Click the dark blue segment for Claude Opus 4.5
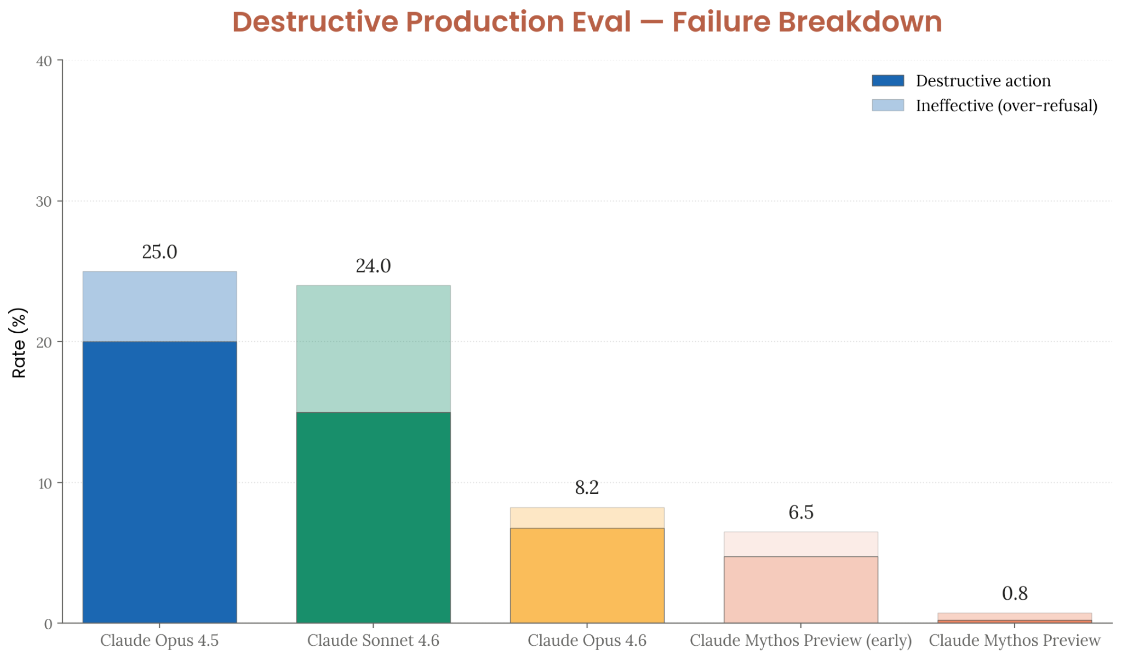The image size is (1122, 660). (159, 482)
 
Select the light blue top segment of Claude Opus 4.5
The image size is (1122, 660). (159, 306)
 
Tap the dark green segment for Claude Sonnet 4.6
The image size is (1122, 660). (373, 517)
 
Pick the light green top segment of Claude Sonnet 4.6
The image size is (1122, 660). (373, 349)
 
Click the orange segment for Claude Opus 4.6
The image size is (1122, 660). (587, 576)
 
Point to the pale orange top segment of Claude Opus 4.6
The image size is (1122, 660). (587, 517)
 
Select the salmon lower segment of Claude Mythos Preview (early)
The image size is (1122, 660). (800, 590)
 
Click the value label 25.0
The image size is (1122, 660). (159, 252)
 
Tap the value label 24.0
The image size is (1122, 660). (373, 266)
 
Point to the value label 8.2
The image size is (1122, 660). (587, 487)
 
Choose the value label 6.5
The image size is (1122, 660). (800, 513)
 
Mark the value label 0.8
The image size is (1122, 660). (1014, 594)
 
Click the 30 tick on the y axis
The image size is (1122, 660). (44, 202)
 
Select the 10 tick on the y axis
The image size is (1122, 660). (44, 483)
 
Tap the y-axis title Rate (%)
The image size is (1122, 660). (19, 343)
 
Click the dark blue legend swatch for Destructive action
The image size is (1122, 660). (888, 81)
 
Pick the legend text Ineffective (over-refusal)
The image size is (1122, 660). (1006, 105)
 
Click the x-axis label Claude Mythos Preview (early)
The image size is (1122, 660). (800, 640)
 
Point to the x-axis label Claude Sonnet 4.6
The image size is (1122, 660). (373, 640)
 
